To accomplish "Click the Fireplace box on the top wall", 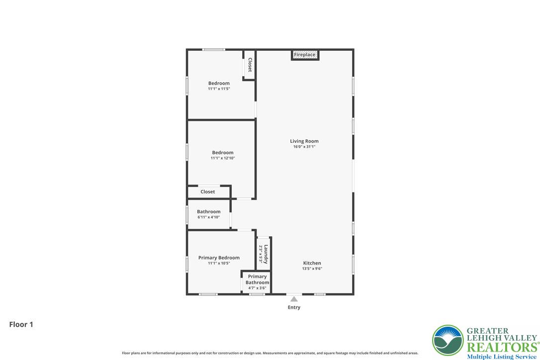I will point(305,55).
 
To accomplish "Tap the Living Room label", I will point(304,141).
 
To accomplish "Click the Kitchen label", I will point(312,263).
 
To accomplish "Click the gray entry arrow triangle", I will point(294,299).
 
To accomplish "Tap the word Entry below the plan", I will point(294,307).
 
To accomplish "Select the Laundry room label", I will point(266,254).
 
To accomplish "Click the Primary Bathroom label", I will point(257,279).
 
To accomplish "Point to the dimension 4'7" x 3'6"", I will point(257,288).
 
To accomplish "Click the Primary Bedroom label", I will point(219,258).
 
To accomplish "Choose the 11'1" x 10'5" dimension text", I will point(219,263).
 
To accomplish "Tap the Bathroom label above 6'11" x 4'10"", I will point(209,211).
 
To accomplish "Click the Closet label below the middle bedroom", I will point(208,191).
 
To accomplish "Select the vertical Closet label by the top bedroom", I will point(250,65).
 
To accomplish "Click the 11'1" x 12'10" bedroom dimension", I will point(222,158).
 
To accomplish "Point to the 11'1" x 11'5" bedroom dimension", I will point(219,89).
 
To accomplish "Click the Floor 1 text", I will point(21,325).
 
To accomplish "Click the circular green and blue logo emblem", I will point(448,340).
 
